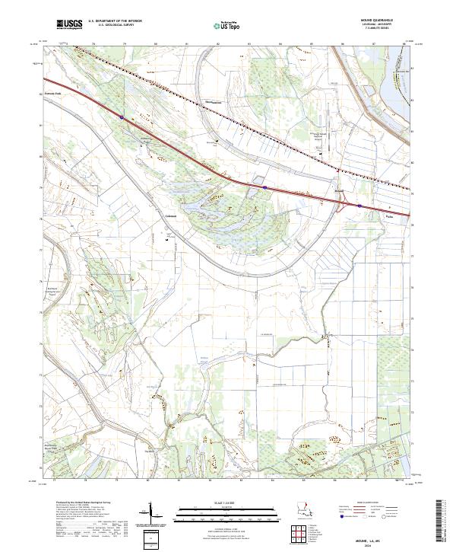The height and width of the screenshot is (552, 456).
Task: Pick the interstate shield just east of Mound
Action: pyautogui.click(x=359, y=205)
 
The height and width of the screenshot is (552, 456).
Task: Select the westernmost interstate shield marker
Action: pyautogui.click(x=122, y=117)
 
